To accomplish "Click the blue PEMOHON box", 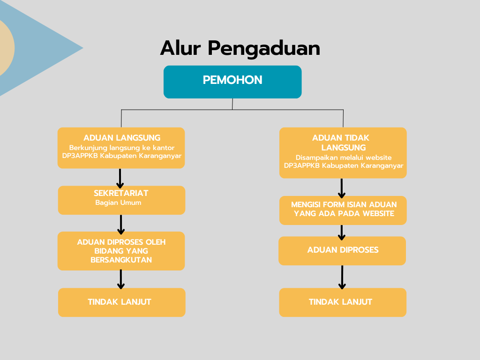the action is pos(232,82).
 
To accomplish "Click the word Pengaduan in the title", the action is pos(264,49).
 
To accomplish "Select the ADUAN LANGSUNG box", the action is pos(121,148).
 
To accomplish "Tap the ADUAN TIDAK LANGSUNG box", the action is pos(343,153).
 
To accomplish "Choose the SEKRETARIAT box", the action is pos(121,200).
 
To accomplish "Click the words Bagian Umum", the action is pos(118,202).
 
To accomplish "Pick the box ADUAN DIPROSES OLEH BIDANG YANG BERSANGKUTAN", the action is pos(121,251).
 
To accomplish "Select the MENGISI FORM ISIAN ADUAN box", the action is pos(343,210).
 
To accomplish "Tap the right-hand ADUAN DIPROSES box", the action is pos(342,251).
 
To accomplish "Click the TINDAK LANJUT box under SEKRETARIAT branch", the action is pos(122,302).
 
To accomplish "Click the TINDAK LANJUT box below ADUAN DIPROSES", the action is pos(343,302).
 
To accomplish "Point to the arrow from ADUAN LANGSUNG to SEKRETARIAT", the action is pos(120,178).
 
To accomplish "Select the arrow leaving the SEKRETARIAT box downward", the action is pos(121,225).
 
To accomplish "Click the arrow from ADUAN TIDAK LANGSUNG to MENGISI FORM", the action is pos(342,188).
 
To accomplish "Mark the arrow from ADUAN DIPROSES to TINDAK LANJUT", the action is pos(342,277).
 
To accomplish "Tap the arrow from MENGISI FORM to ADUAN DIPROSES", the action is pos(342,232).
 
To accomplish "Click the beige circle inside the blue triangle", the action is pos(6,48).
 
